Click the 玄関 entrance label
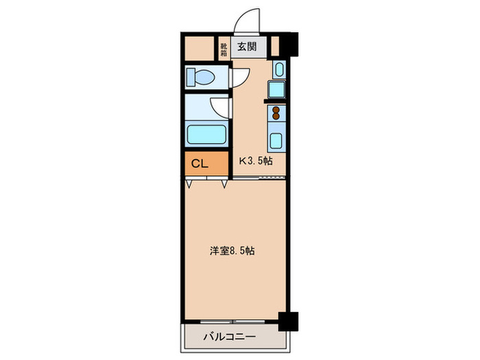click(x=247, y=47)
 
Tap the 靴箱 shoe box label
click(x=224, y=49)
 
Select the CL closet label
click(x=200, y=164)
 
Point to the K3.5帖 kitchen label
click(x=256, y=160)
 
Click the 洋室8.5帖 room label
click(x=232, y=251)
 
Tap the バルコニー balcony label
click(x=230, y=337)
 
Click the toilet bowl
click(x=200, y=77)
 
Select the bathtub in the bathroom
click(x=206, y=134)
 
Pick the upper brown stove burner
click(x=276, y=110)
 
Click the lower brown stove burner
click(x=276, y=116)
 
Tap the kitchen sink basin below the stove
click(x=276, y=141)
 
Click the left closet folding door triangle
click(x=189, y=184)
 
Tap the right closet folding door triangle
click(x=224, y=184)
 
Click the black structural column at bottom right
click(x=288, y=322)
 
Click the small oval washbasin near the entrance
click(x=279, y=70)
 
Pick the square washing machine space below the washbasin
click(x=276, y=89)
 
